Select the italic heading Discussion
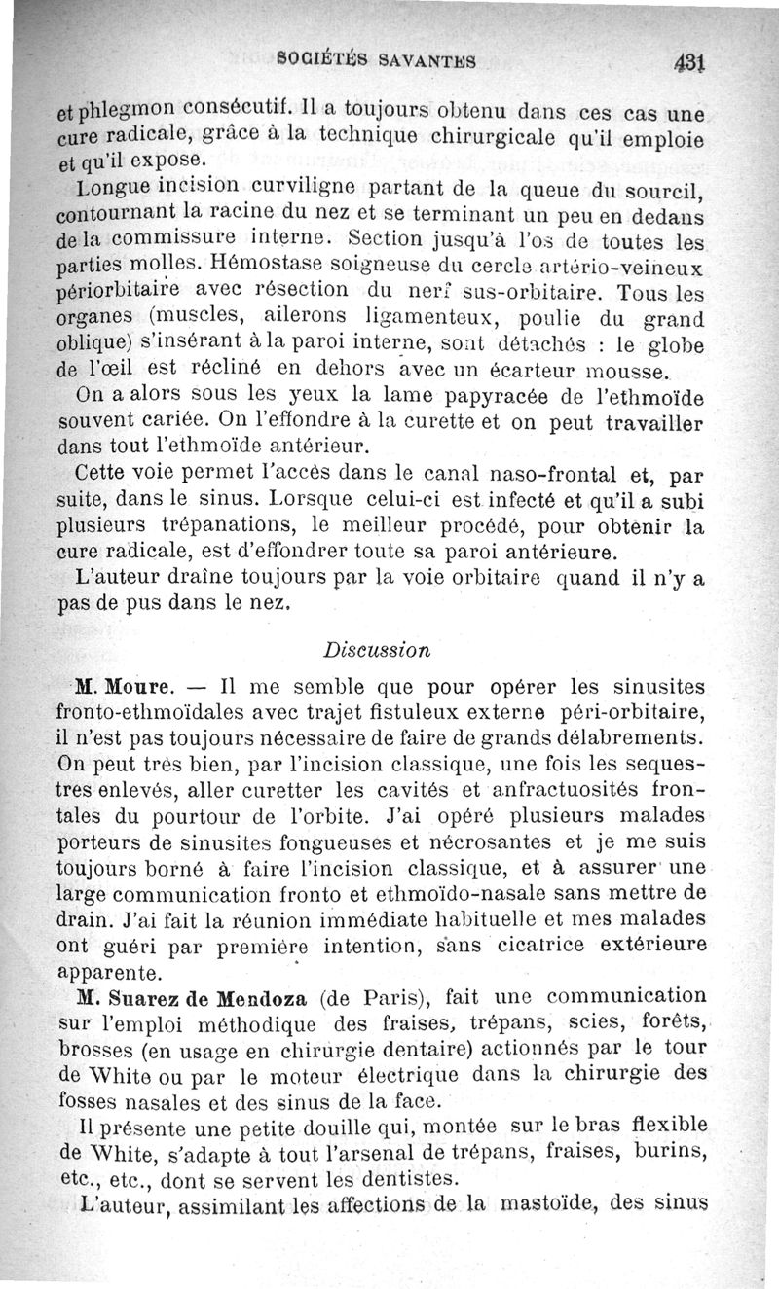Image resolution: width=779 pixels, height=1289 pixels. click(x=377, y=648)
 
